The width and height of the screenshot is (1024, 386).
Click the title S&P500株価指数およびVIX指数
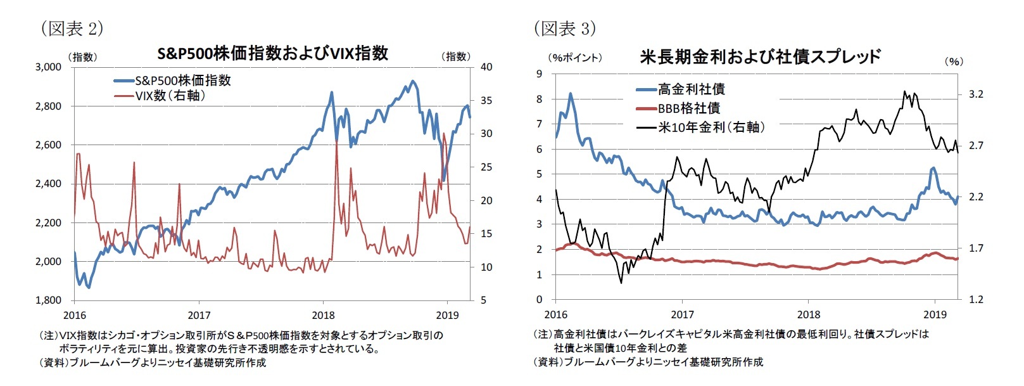click(272, 53)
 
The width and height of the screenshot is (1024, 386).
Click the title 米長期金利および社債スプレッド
click(759, 57)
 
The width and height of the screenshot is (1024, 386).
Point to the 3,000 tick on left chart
click(49, 67)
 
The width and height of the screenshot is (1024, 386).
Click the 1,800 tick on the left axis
click(49, 300)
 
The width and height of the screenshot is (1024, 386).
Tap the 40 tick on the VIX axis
click(486, 67)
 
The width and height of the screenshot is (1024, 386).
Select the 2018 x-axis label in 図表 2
click(324, 315)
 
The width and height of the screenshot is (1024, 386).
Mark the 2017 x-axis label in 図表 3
click(682, 314)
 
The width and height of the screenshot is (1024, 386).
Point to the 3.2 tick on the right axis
click(976, 94)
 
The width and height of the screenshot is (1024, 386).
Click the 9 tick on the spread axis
click(540, 74)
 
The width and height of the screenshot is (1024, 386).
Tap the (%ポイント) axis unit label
click(575, 58)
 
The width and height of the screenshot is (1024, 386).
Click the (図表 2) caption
click(72, 29)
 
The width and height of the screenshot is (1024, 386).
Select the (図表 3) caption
click(565, 29)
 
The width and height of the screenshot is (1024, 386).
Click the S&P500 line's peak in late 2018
click(413, 81)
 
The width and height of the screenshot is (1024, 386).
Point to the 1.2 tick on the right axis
click(976, 299)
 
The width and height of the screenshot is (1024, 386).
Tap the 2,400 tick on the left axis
click(49, 184)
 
